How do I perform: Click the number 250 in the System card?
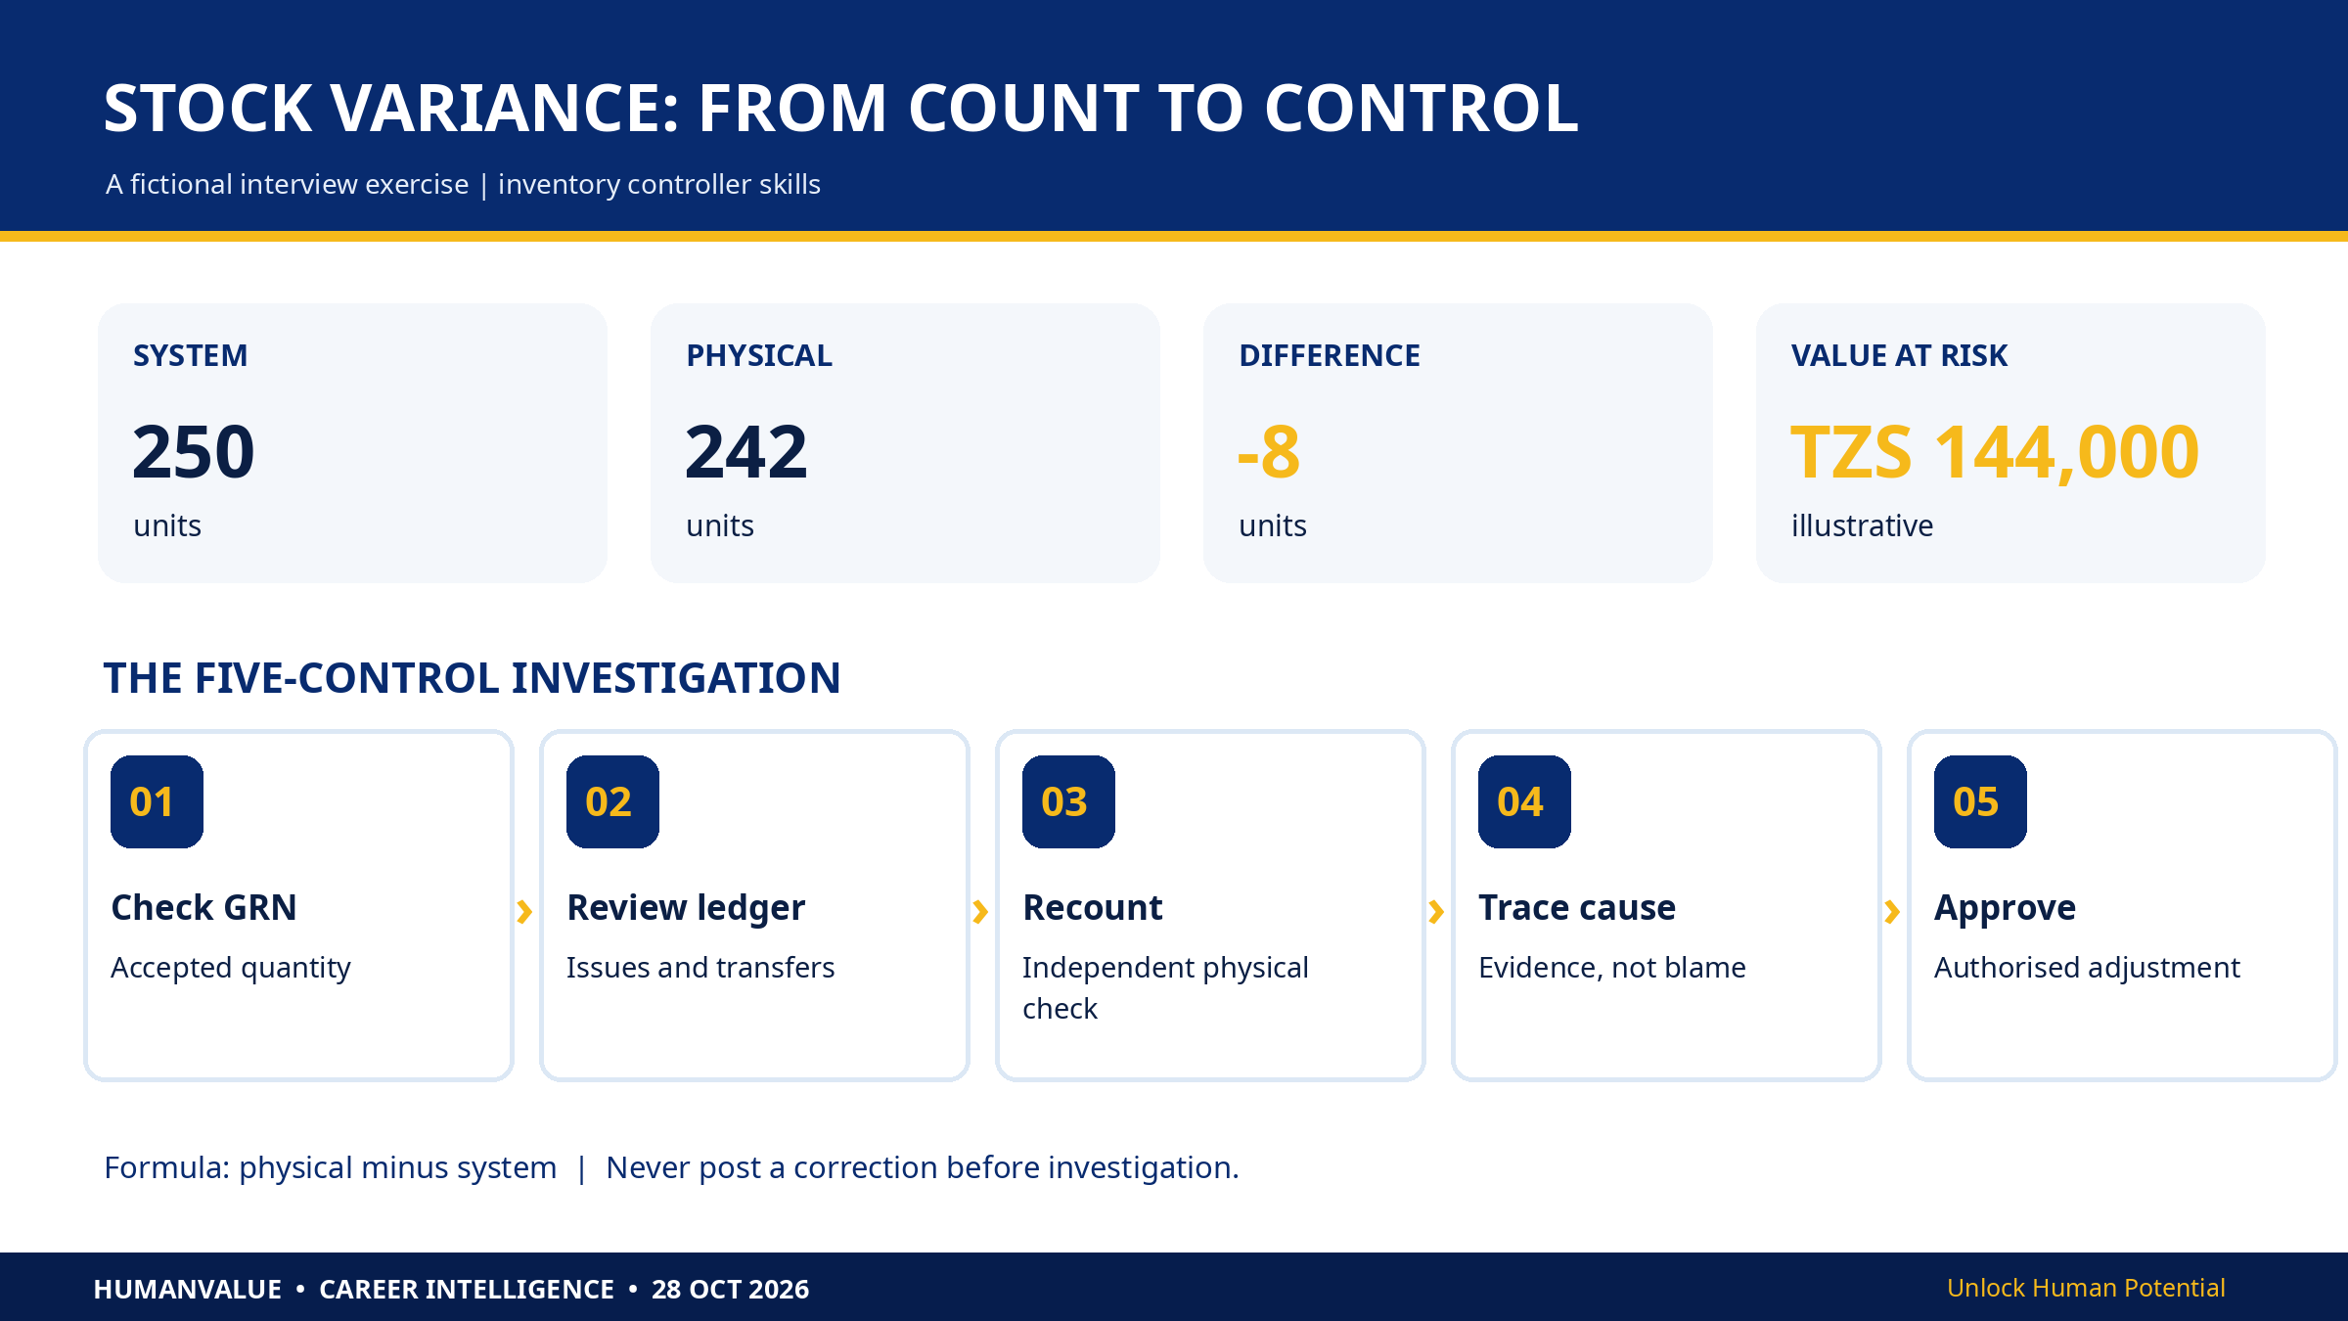point(194,452)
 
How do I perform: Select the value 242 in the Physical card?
point(746,452)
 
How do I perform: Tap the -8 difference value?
point(1269,452)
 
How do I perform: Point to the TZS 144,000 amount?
point(1995,452)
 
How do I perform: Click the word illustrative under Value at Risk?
point(1862,525)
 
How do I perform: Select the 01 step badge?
point(157,801)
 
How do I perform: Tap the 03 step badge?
point(1068,801)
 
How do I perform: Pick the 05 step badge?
point(1980,801)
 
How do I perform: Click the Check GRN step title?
point(203,907)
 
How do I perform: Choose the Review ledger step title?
point(686,908)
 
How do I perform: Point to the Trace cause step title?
point(1577,907)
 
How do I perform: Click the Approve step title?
point(2005,908)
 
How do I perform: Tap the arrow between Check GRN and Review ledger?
point(525,912)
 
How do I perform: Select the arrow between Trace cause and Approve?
point(1893,912)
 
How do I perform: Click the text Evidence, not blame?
point(1612,968)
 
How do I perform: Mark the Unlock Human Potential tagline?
point(2086,1288)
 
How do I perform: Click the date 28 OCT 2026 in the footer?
point(731,1289)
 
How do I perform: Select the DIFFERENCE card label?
point(1330,355)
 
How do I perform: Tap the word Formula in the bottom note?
point(166,1167)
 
